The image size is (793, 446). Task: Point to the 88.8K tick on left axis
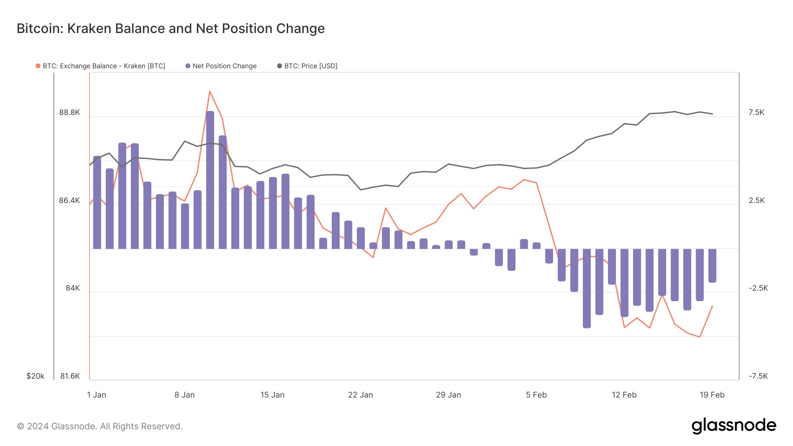tap(70, 113)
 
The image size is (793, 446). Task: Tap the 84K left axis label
tap(73, 288)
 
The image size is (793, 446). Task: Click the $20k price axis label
tap(35, 376)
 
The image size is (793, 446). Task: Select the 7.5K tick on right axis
tap(756, 113)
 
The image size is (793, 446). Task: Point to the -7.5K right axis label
tap(758, 376)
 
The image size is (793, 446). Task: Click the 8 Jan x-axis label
tap(184, 395)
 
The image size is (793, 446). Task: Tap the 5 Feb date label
tap(536, 395)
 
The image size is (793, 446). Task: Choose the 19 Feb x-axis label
tap(712, 395)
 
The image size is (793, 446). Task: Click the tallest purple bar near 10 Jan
tap(210, 181)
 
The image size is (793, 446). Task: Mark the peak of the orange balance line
tap(210, 91)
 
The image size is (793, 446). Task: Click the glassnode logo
tap(734, 426)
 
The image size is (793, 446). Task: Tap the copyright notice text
tap(100, 426)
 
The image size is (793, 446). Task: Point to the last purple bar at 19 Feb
tap(712, 265)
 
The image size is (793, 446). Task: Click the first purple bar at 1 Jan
tap(97, 203)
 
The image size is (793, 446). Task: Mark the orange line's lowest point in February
tap(700, 337)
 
